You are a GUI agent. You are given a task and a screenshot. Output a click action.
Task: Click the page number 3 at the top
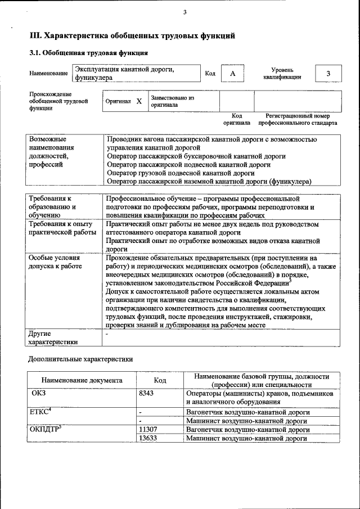184,12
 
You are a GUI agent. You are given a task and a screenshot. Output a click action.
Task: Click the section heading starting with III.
132,36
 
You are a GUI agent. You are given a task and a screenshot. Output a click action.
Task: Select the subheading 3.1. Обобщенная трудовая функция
88,53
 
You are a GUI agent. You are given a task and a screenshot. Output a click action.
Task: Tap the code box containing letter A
232,74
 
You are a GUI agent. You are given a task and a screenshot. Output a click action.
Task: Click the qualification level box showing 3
328,74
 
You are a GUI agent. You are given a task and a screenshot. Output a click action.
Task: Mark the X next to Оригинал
139,102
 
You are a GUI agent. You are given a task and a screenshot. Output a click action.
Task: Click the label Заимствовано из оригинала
172,101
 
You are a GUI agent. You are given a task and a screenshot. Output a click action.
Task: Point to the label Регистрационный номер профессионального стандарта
298,119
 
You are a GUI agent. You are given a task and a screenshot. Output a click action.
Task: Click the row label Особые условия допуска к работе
55,262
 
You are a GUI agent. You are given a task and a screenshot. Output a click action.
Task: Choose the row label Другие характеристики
53,337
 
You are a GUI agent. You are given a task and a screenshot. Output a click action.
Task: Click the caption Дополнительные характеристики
81,358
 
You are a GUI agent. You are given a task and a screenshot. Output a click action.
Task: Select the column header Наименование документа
82,380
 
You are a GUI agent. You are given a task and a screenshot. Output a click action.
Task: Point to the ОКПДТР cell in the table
45,429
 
